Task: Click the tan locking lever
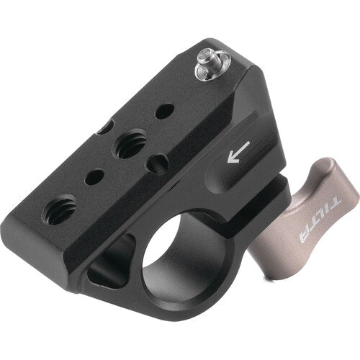tap(317, 209)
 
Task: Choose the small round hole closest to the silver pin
tap(165, 112)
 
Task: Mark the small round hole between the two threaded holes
tap(93, 176)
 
